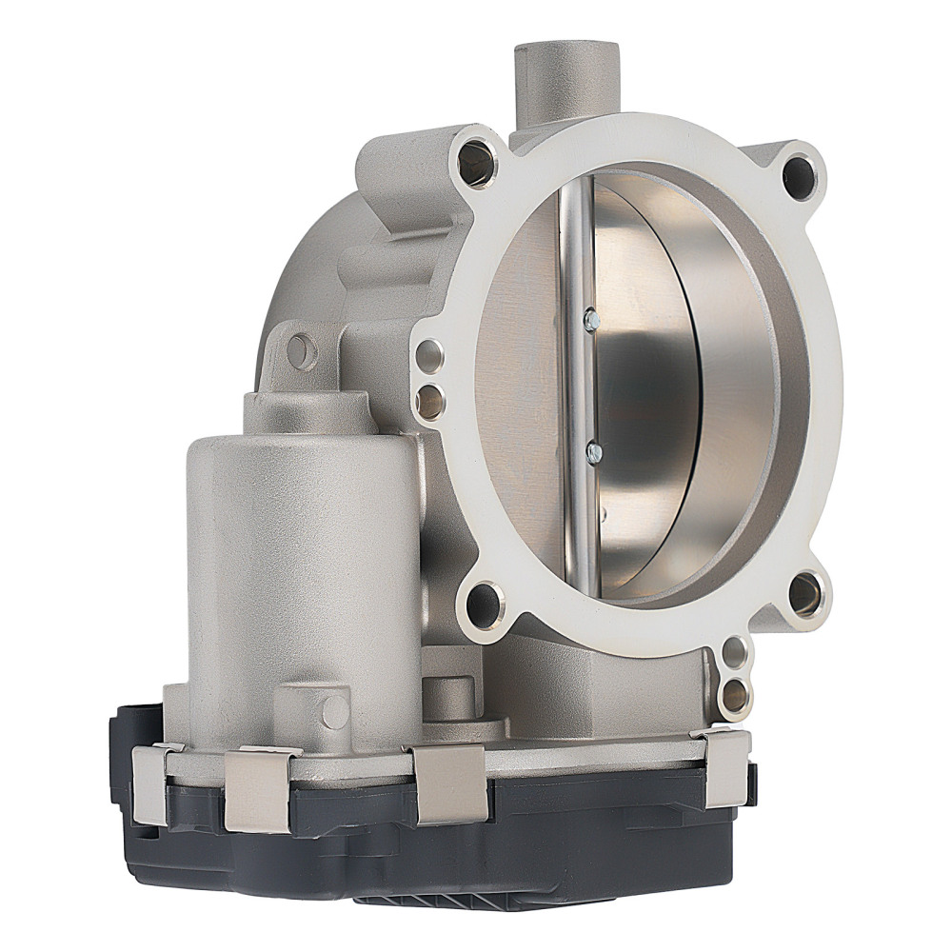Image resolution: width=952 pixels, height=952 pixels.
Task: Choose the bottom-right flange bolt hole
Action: coord(804,594)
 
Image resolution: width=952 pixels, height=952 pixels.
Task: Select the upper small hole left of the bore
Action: coord(431,355)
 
